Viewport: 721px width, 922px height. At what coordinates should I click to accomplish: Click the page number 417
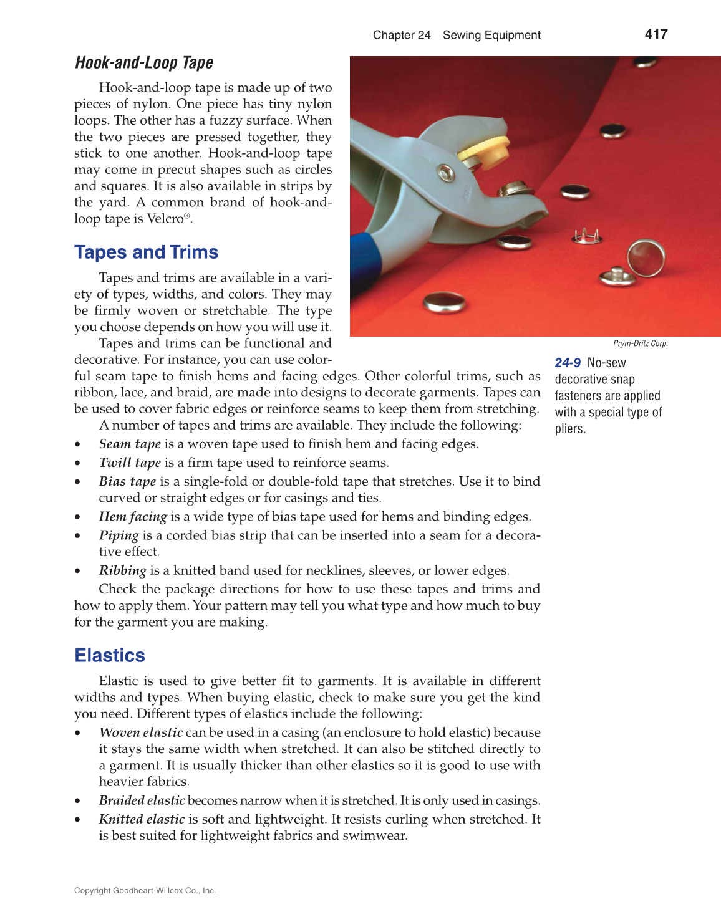656,34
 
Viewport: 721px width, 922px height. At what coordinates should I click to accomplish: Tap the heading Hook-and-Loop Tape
144,63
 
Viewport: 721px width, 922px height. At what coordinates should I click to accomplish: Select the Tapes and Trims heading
147,252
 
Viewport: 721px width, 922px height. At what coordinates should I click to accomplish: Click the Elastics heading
110,656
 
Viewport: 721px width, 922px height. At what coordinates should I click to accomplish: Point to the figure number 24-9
568,363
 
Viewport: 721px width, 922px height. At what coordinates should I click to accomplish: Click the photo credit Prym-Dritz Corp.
640,343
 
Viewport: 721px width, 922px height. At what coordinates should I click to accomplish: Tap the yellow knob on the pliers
485,151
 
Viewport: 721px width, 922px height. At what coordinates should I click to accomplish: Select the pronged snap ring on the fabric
586,236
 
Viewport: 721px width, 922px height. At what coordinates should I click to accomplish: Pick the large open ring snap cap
646,257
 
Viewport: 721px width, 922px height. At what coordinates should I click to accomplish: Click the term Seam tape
130,444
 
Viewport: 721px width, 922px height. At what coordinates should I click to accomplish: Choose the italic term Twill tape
130,463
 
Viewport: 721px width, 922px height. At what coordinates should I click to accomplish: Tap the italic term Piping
119,535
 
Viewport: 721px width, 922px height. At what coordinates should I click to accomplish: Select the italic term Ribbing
122,570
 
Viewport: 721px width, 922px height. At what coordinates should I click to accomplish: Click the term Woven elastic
140,732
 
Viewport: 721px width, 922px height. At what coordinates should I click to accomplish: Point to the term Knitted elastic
142,819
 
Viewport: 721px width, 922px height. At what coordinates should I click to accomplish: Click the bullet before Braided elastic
77,801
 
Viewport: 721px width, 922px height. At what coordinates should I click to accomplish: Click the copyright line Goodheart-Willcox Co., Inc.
145,891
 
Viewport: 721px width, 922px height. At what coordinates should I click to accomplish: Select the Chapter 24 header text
402,35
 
